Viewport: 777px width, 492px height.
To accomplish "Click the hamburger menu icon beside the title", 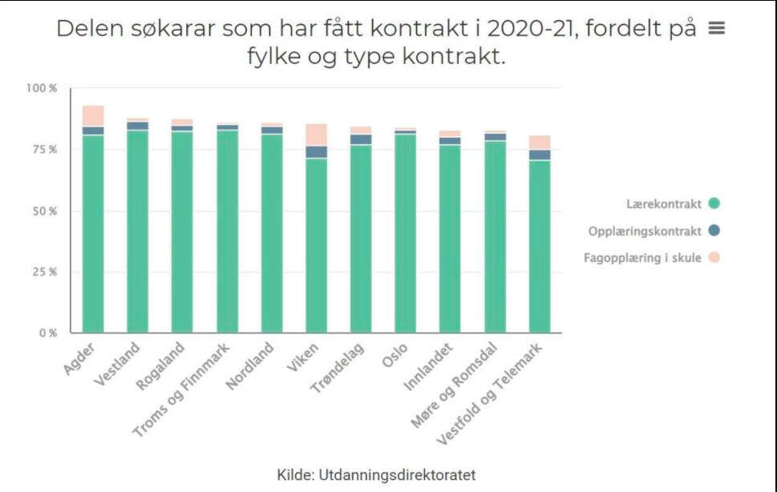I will click(x=717, y=28).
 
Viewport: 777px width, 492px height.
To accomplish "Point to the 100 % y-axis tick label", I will click(x=42, y=88).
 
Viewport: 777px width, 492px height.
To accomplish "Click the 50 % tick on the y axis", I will click(x=44, y=212).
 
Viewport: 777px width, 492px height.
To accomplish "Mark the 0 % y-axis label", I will click(x=48, y=333).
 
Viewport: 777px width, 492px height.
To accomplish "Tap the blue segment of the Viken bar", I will click(x=316, y=151).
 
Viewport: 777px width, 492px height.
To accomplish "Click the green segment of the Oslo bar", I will click(x=405, y=232).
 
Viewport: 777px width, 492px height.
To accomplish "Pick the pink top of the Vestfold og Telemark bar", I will click(x=540, y=142).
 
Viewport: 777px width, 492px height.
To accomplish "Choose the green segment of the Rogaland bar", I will click(x=182, y=232).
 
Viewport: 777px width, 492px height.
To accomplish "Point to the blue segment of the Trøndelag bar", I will click(x=361, y=139).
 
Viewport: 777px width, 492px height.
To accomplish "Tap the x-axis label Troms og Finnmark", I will click(x=183, y=390).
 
